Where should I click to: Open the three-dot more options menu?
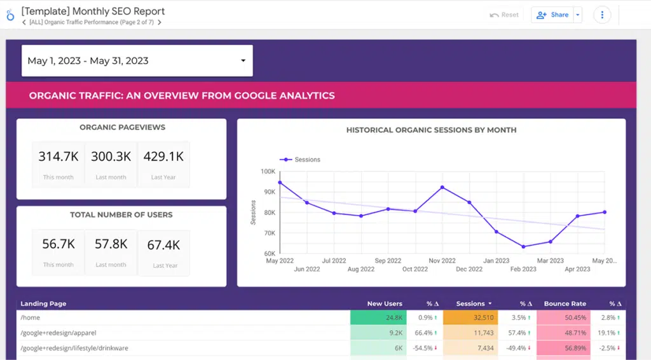point(602,15)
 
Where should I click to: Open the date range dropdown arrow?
point(243,61)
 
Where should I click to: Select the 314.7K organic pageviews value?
point(58,156)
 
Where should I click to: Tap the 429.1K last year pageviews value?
point(163,156)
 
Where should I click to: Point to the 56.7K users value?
point(58,244)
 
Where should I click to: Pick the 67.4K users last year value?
point(165,244)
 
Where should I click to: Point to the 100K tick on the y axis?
point(266,172)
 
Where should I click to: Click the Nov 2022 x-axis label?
point(442,261)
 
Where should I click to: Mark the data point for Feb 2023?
point(523,247)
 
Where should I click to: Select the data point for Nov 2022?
point(442,187)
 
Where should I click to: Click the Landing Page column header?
point(43,304)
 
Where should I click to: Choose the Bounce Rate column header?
point(565,304)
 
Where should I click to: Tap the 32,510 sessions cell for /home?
point(470,317)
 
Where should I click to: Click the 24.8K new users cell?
point(377,317)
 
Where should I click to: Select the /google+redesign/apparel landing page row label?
point(58,333)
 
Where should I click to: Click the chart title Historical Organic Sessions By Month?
point(431,130)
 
